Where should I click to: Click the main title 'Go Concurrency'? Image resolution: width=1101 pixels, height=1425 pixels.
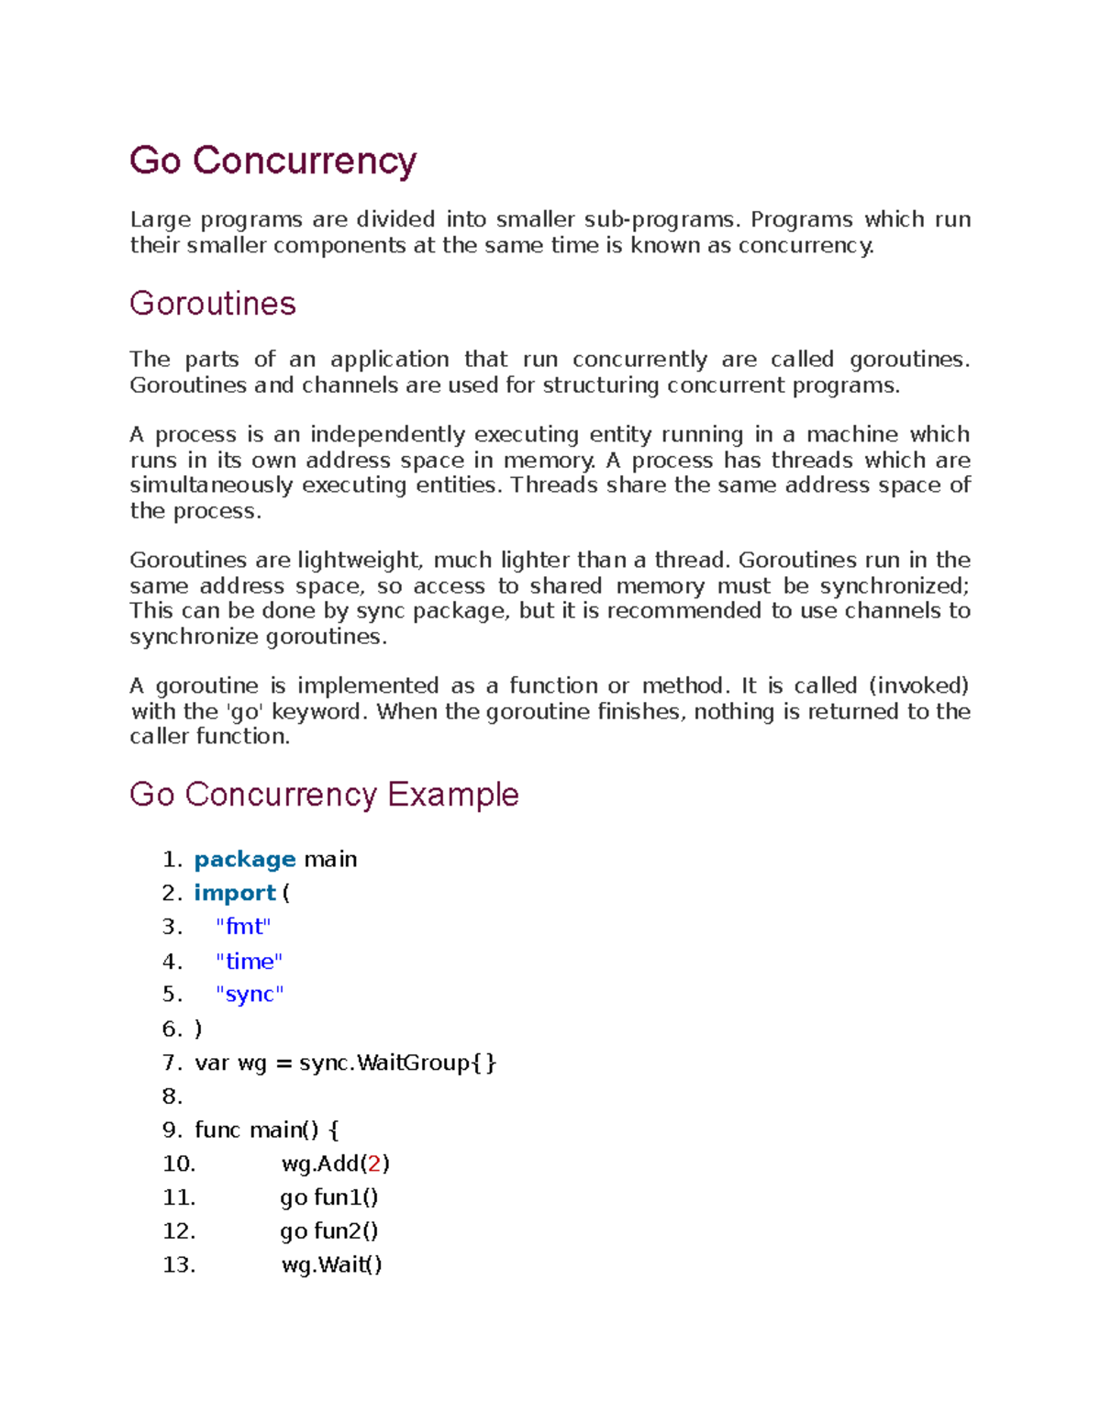pos(272,161)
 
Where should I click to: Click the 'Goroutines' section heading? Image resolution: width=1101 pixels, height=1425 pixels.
pos(212,304)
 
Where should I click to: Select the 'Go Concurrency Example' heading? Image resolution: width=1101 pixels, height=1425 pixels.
pos(324,795)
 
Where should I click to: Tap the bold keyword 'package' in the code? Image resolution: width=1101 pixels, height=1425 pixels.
pos(244,860)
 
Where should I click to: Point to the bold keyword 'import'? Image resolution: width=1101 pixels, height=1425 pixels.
pos(234,894)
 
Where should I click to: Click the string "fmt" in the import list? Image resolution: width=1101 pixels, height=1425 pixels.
pos(243,928)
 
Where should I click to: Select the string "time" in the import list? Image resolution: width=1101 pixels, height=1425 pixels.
pos(249,962)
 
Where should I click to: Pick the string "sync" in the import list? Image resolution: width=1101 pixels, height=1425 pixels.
pos(250,995)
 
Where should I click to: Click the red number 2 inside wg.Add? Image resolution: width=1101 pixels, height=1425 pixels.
pos(373,1164)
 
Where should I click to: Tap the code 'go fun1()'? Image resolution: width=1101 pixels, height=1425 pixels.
pos(329,1198)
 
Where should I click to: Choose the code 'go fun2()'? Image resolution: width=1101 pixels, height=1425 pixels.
pos(329,1231)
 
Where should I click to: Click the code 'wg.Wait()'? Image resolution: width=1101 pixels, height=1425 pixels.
pos(331,1265)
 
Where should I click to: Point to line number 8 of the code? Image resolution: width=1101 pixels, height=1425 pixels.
pos(172,1097)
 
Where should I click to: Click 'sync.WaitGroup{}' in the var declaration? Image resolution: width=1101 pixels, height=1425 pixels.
pos(397,1063)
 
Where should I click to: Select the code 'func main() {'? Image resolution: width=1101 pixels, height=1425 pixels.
pos(267,1130)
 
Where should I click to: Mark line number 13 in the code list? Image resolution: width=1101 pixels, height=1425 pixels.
pos(178,1265)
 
